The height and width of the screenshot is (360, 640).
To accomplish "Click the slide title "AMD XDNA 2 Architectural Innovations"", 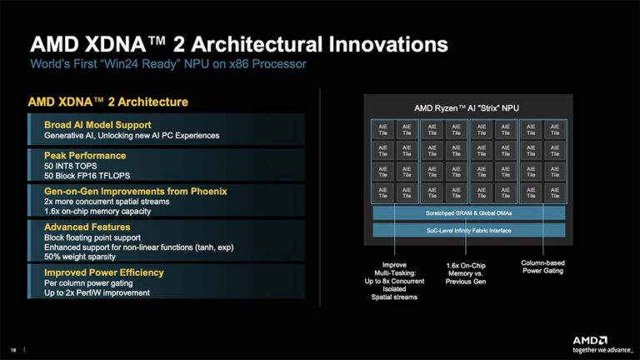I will tap(238, 44).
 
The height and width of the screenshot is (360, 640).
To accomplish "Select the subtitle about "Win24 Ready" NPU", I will tap(169, 64).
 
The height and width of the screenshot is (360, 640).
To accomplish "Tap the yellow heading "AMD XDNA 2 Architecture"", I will tap(107, 102).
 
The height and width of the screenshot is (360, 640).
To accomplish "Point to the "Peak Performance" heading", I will tap(85, 155).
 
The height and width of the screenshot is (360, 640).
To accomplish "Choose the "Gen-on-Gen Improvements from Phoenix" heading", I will tap(135, 192).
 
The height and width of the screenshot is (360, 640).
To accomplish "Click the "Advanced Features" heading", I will tap(87, 227).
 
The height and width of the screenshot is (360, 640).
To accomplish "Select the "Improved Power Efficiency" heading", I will tap(103, 272).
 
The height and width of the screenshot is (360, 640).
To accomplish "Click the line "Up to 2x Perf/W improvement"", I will tap(97, 292).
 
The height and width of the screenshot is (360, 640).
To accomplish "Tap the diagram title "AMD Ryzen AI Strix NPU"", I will tap(467, 108).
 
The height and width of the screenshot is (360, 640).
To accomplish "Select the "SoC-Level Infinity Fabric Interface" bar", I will tap(467, 229).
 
